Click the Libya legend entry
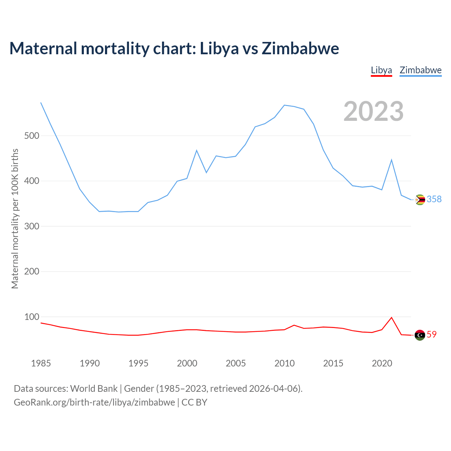pyautogui.click(x=381, y=70)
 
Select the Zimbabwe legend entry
pyautogui.click(x=420, y=70)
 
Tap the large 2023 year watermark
pyautogui.click(x=373, y=111)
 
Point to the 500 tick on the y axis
pyautogui.click(x=32, y=136)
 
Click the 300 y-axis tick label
pyautogui.click(x=32, y=226)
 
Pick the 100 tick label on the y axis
pyautogui.click(x=32, y=317)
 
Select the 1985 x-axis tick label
pyautogui.click(x=41, y=363)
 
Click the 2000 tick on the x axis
pyautogui.click(x=187, y=363)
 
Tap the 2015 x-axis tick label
pyautogui.click(x=333, y=363)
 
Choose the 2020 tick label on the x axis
pyautogui.click(x=382, y=363)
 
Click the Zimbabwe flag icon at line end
pyautogui.click(x=420, y=200)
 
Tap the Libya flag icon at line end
pyautogui.click(x=420, y=335)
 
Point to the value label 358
pyautogui.click(x=434, y=199)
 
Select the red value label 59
pyautogui.click(x=432, y=335)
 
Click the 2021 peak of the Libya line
pyautogui.click(x=391, y=317)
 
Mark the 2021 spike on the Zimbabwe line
pyautogui.click(x=391, y=160)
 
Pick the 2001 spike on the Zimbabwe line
pyautogui.click(x=197, y=150)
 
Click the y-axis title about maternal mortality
pyautogui.click(x=15, y=219)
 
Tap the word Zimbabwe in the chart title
pyautogui.click(x=300, y=49)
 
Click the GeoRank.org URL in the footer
pyautogui.click(x=94, y=402)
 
